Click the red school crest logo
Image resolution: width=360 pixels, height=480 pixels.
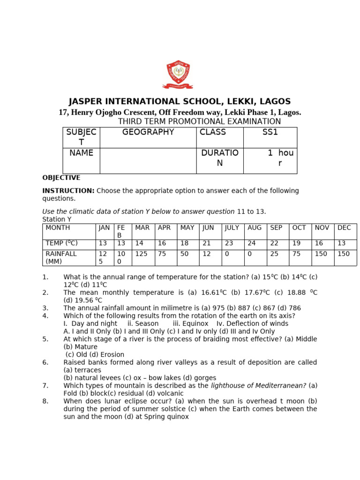pos(178,74)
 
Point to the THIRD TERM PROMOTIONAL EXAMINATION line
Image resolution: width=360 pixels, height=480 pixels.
pos(199,121)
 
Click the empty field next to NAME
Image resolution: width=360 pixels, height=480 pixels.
pos(148,160)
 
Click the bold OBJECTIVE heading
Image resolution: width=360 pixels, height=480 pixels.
pos(61,178)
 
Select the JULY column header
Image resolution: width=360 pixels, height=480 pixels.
pos(232,228)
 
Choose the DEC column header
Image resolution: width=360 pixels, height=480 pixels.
pos(344,228)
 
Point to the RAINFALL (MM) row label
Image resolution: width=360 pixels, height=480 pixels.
pos(61,257)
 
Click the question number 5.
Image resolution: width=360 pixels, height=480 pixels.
pos(45,339)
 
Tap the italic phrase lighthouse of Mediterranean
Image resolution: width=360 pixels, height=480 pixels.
pos(259,385)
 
